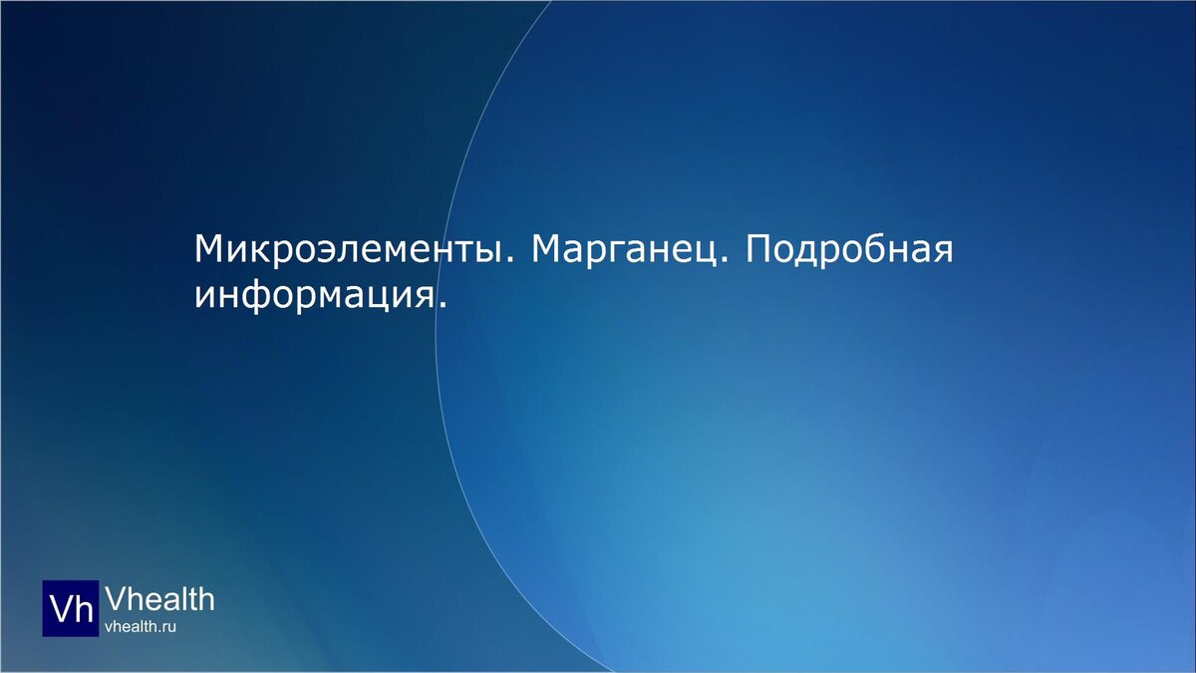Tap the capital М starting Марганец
547,249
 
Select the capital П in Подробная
756,249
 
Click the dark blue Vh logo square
70,608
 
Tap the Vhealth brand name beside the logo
159,599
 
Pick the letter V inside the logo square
60,608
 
